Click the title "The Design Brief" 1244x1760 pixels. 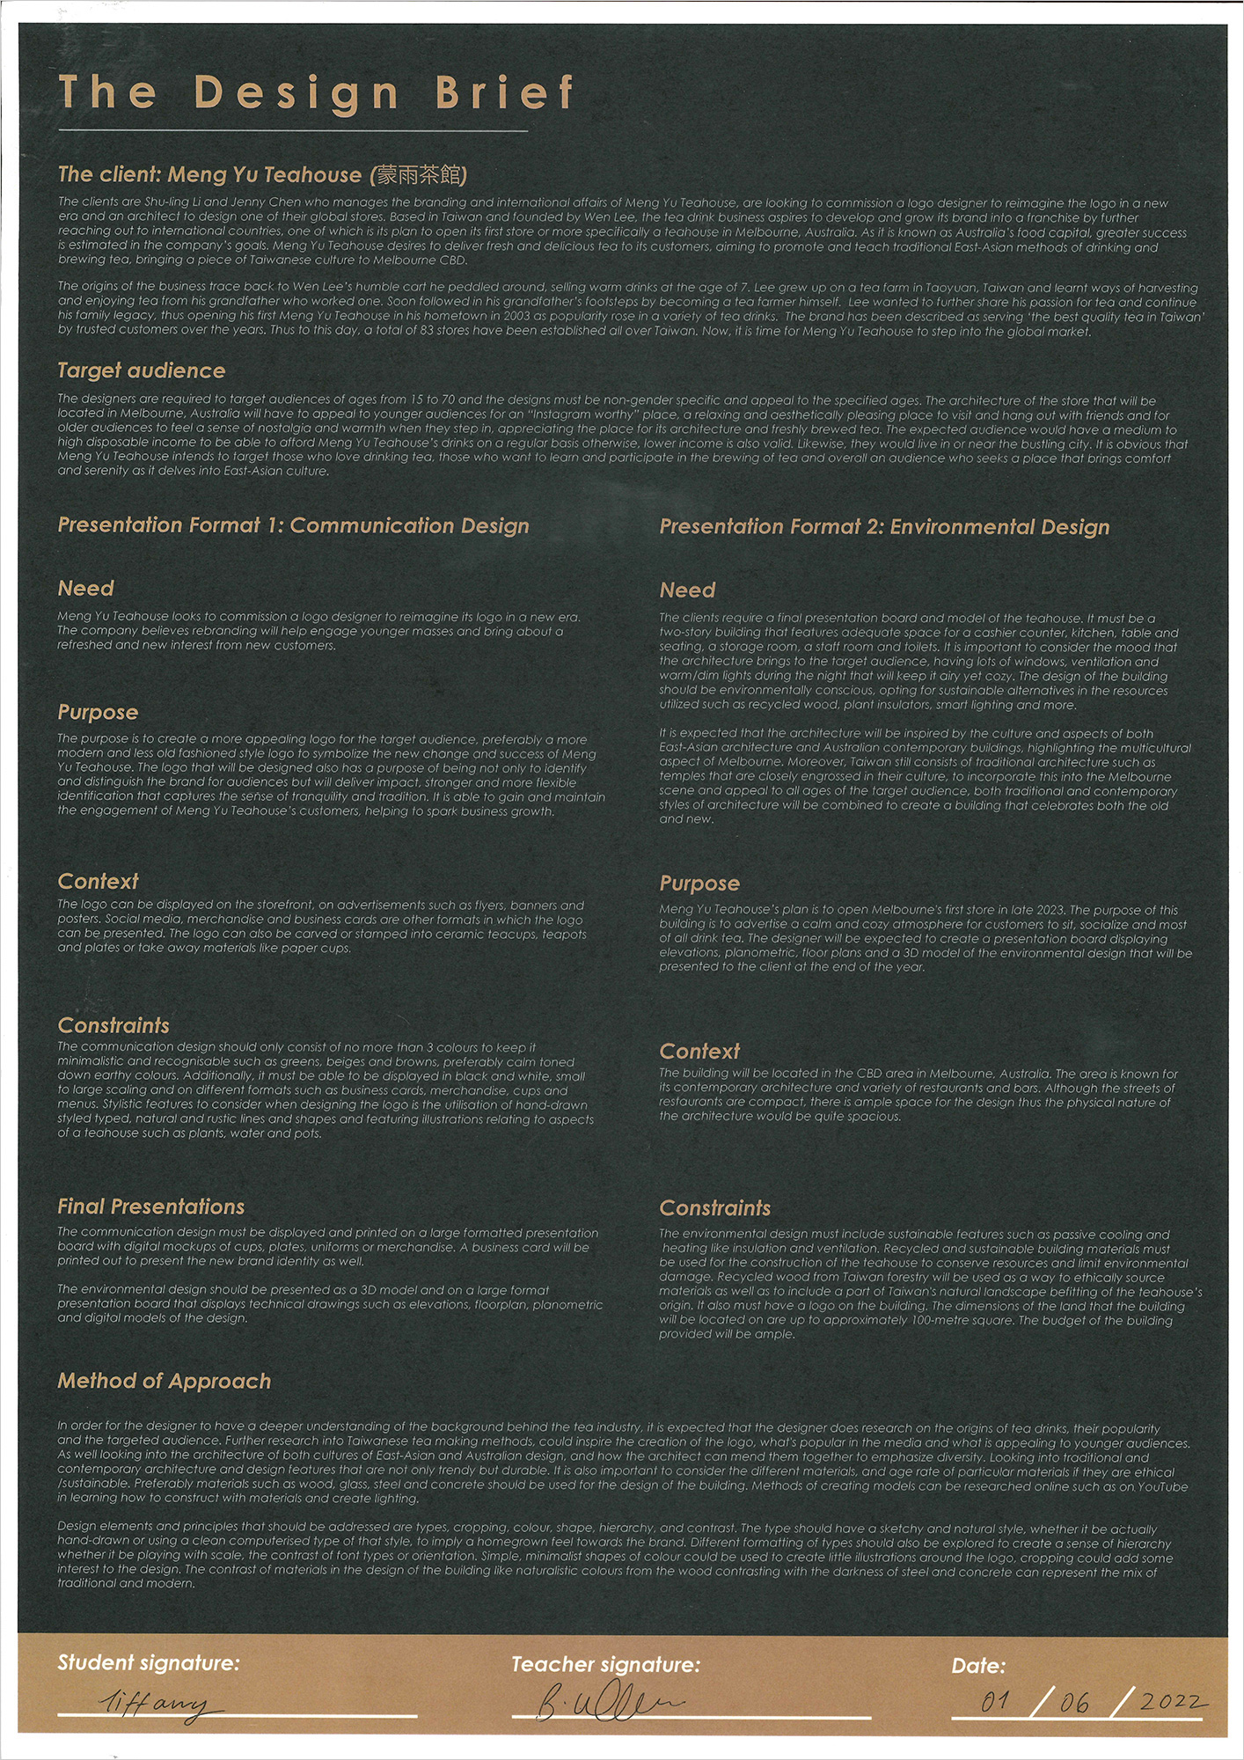click(317, 92)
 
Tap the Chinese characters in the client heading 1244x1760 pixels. click(419, 175)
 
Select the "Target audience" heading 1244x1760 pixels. click(142, 370)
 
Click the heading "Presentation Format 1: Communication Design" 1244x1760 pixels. click(293, 525)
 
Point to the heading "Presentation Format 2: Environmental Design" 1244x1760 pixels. click(884, 527)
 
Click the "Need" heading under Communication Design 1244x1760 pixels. click(86, 588)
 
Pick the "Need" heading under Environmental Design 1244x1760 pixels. click(688, 590)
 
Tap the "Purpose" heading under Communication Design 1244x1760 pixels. click(98, 712)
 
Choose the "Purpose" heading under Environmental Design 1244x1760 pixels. click(699, 884)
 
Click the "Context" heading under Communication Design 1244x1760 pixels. click(98, 881)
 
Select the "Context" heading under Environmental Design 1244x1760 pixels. click(699, 1051)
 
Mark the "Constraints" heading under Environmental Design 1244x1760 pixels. click(714, 1207)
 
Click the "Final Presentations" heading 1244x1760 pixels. click(151, 1206)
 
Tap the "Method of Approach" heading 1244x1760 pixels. click(165, 1381)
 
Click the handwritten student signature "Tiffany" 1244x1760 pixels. click(158, 1705)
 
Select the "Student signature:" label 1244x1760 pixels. click(148, 1662)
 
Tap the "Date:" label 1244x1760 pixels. click(978, 1665)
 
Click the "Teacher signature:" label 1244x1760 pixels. click(605, 1664)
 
